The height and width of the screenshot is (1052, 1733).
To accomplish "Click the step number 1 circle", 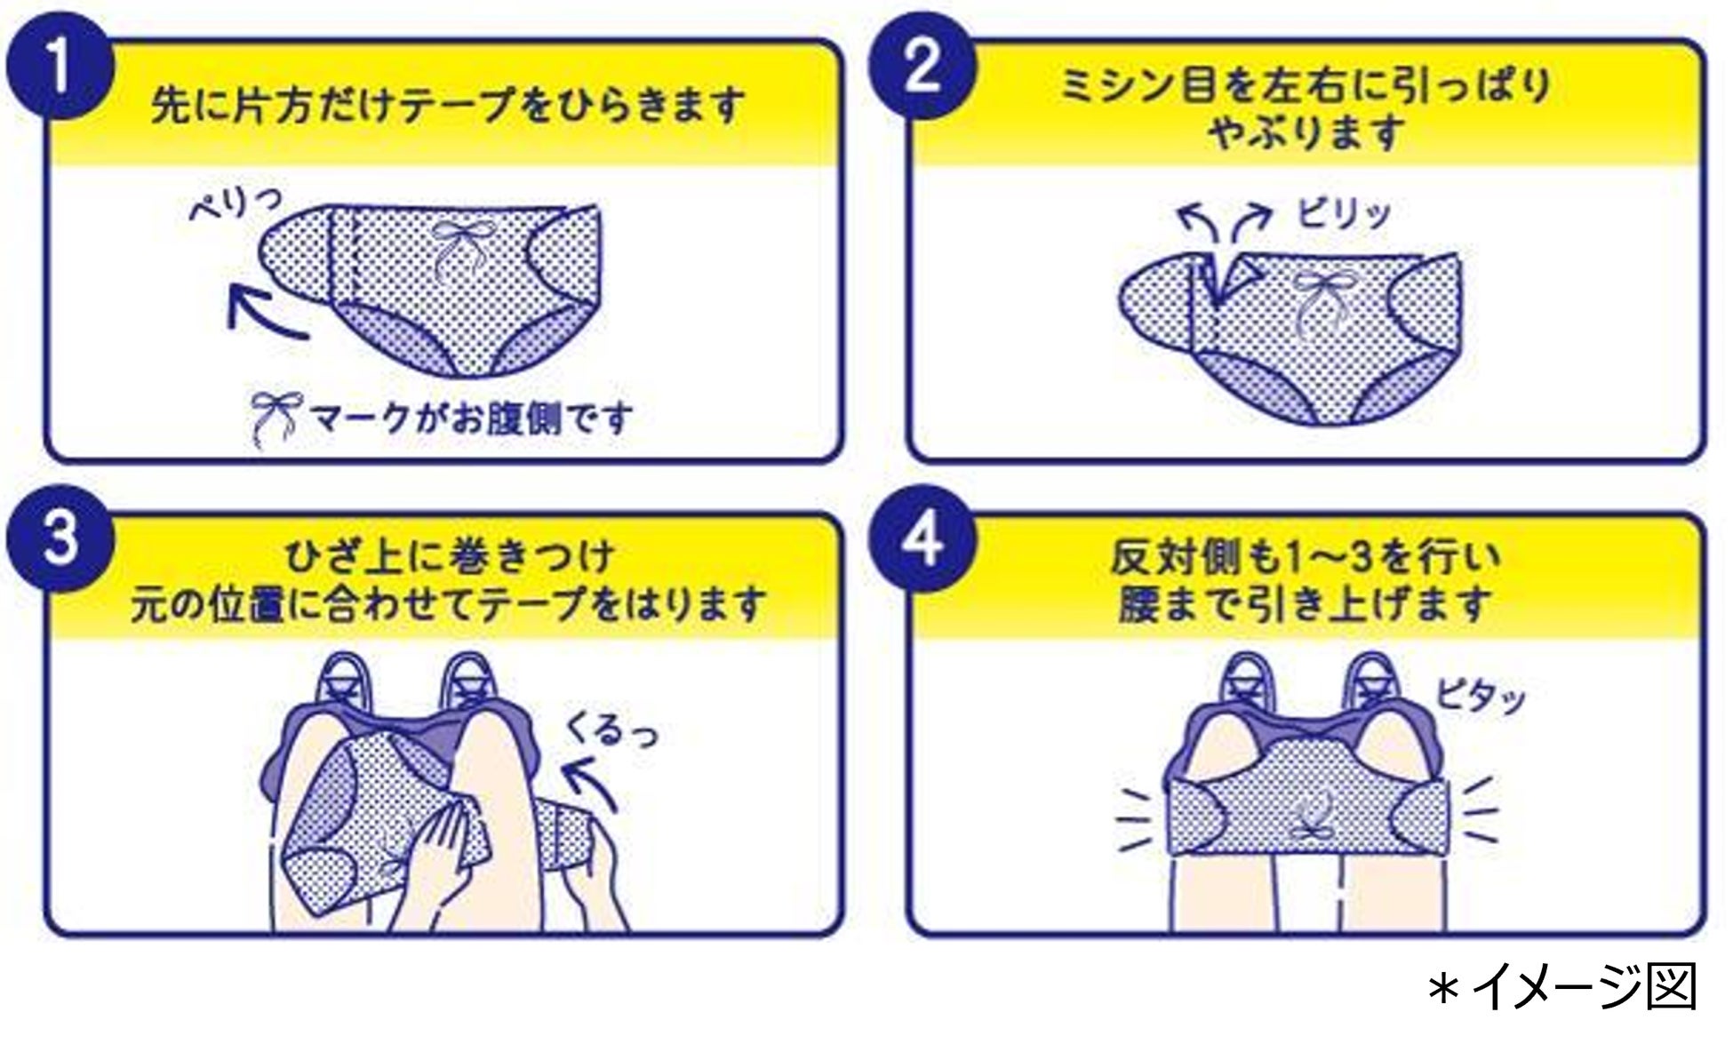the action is [60, 68].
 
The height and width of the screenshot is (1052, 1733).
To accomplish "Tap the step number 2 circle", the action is [922, 68].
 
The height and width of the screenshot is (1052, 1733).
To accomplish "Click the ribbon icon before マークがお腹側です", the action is [276, 420].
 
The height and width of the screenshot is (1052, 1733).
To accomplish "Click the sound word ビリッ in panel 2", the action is [1344, 214].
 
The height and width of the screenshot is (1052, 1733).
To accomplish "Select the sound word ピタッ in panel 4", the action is [1480, 697].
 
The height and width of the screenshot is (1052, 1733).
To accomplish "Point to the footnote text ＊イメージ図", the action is [1561, 988].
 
